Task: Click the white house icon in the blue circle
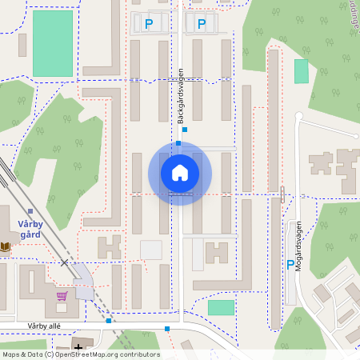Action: click(x=179, y=173)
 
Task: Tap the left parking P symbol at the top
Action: click(x=149, y=25)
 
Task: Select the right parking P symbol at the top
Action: click(x=201, y=25)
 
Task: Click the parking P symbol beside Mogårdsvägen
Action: click(x=290, y=265)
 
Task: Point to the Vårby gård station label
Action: click(x=30, y=230)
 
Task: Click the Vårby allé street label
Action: click(x=44, y=326)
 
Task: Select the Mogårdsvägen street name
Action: click(x=298, y=246)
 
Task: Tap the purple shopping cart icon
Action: click(x=62, y=295)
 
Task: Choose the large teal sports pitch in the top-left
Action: click(x=52, y=43)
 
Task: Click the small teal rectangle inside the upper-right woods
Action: click(x=301, y=71)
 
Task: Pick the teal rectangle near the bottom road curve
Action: click(x=221, y=307)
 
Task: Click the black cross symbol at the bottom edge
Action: click(x=78, y=347)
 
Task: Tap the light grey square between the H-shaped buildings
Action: click(x=150, y=250)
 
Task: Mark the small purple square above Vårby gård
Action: click(x=30, y=211)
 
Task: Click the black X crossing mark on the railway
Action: click(x=64, y=262)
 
